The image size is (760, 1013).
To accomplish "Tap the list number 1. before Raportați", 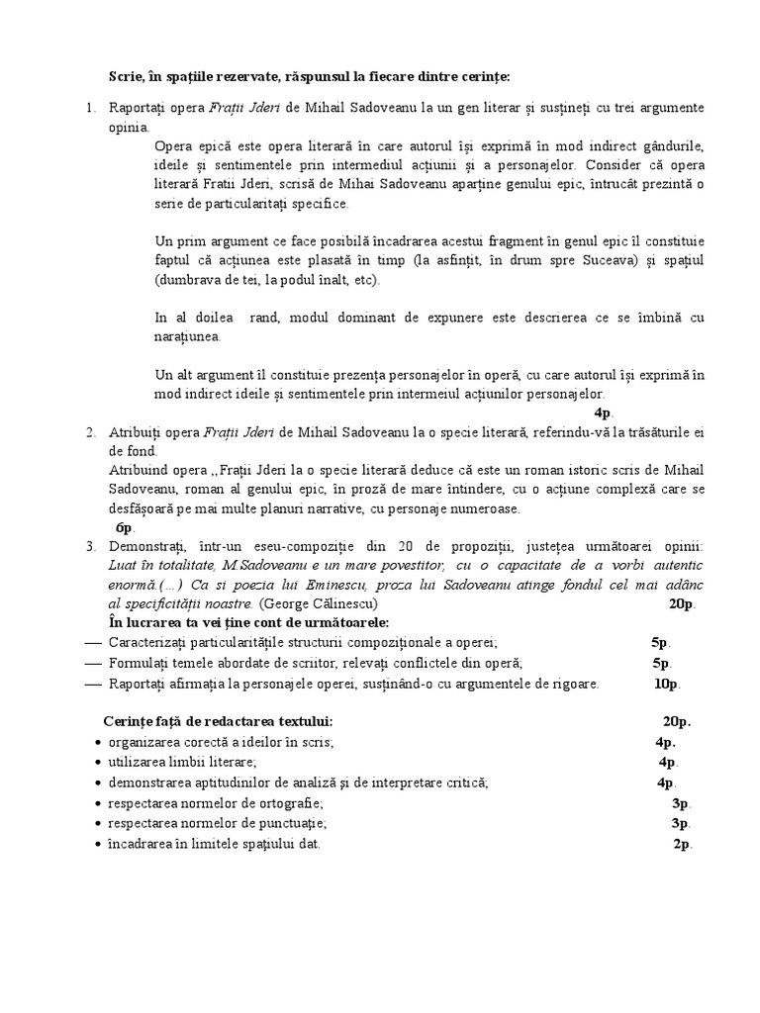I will [90, 107].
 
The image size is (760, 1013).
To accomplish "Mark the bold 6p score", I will [125, 527].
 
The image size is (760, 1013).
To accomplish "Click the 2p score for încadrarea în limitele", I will [682, 844].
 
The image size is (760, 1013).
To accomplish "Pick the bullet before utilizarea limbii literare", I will [97, 763].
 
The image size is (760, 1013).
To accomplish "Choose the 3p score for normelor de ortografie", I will [680, 803].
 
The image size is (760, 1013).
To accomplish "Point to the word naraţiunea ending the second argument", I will [187, 336].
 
